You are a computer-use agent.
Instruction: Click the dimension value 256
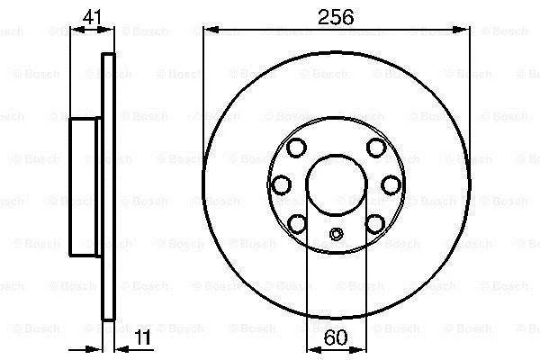pos(336,17)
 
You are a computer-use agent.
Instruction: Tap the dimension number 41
pos(93,16)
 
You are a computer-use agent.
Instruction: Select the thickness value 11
pos(142,337)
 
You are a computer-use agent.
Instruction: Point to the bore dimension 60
pos(336,337)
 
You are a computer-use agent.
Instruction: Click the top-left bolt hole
pos(296,148)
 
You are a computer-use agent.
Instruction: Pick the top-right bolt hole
pos(376,148)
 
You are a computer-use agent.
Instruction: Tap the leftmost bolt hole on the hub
pos(282,185)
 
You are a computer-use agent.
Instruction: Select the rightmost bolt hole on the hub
pos(391,185)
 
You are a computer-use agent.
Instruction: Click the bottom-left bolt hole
pos(297,224)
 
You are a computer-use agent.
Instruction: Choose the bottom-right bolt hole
pos(375,224)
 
